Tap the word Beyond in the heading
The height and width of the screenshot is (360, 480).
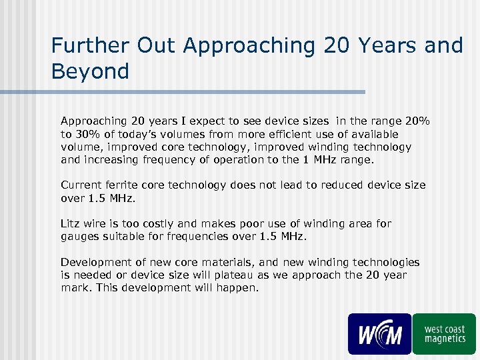click(x=90, y=70)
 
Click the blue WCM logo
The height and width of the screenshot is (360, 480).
click(x=379, y=333)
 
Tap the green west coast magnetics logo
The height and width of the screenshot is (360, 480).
click(x=444, y=333)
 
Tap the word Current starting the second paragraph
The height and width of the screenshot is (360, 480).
click(x=81, y=185)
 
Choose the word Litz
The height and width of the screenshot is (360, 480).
click(x=71, y=223)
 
